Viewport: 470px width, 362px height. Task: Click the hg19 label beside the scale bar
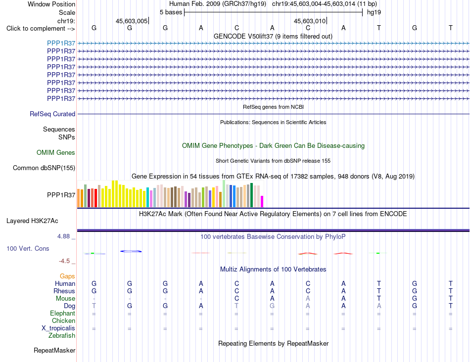click(x=374, y=12)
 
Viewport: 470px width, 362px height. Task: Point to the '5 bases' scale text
click(x=171, y=12)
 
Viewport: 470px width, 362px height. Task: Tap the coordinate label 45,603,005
click(x=132, y=21)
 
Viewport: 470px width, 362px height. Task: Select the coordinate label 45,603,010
click(x=310, y=21)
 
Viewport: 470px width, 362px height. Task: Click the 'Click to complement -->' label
click(x=41, y=29)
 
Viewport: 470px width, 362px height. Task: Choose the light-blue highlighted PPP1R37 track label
click(x=61, y=43)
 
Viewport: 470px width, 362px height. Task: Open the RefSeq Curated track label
click(x=52, y=114)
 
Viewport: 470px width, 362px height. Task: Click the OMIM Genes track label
click(x=56, y=152)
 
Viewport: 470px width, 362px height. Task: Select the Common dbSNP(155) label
click(x=44, y=168)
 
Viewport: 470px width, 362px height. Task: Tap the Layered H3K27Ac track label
click(x=32, y=221)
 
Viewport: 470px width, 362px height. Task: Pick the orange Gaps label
click(x=67, y=276)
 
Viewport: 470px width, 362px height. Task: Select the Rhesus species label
click(x=64, y=291)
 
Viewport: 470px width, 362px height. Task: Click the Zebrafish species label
click(x=62, y=336)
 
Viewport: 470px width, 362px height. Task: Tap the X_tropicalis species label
click(x=58, y=328)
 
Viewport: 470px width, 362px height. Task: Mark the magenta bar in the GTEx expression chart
click(x=262, y=201)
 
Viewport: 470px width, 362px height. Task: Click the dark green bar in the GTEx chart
click(x=252, y=195)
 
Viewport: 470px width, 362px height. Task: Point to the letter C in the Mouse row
click(x=237, y=299)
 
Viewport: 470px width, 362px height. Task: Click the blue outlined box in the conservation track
click(x=131, y=251)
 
